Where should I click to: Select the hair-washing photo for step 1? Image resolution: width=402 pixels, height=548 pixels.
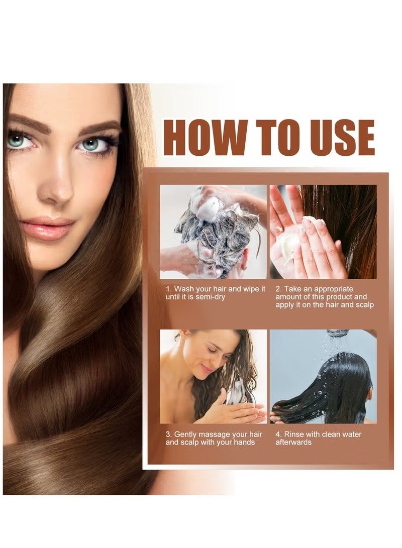[213, 232]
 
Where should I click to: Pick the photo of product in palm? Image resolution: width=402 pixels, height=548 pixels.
[323, 232]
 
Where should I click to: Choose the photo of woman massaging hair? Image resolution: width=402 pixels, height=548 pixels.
[213, 376]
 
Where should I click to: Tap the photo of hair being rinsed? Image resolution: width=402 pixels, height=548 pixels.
[323, 376]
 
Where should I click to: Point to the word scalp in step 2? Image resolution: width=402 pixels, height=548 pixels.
[363, 304]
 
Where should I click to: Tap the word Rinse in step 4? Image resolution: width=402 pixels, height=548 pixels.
[294, 434]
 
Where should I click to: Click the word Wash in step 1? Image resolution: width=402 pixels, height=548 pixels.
[184, 289]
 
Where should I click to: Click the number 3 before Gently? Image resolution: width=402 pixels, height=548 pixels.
[168, 434]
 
